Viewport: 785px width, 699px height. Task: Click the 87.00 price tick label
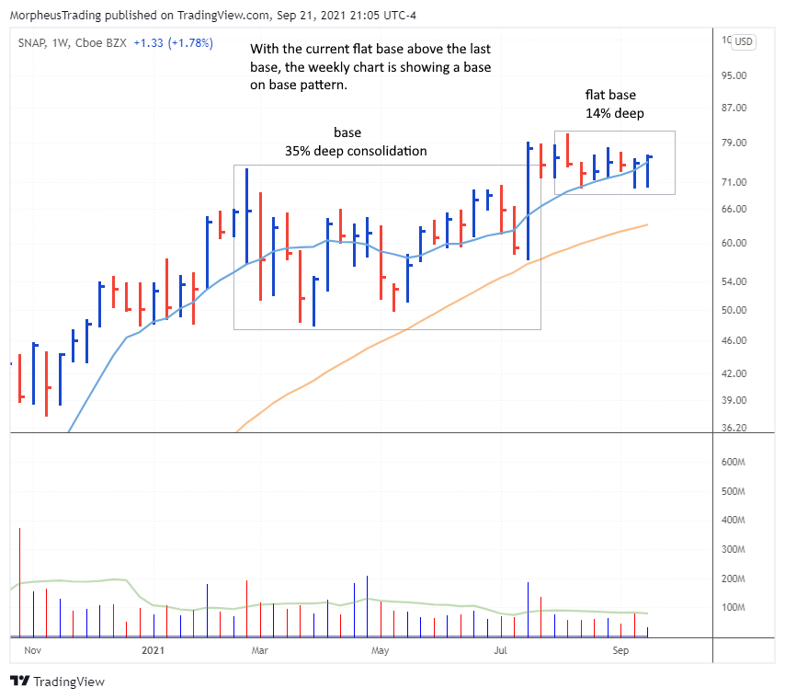click(735, 109)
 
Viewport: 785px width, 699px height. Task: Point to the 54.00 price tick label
click(735, 282)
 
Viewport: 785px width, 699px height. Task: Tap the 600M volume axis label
click(735, 463)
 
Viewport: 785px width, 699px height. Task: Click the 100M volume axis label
click(735, 608)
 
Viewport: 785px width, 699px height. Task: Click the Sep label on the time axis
click(620, 650)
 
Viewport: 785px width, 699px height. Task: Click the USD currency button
click(743, 41)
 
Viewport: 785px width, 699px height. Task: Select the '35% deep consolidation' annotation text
click(355, 151)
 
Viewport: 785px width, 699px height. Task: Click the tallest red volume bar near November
click(19, 582)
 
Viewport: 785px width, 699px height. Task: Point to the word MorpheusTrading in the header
click(52, 12)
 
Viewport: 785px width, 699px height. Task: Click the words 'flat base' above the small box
click(610, 94)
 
